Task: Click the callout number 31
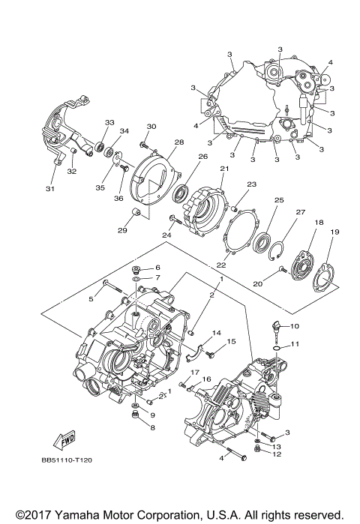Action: point(49,188)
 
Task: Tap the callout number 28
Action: point(179,142)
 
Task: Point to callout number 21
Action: point(223,169)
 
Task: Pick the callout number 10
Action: point(295,326)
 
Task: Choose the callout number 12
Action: point(277,454)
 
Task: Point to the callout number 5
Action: point(91,298)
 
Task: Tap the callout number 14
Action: point(215,333)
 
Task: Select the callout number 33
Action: point(109,123)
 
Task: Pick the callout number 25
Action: point(278,201)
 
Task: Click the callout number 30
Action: point(151,126)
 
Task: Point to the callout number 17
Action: point(193,373)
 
